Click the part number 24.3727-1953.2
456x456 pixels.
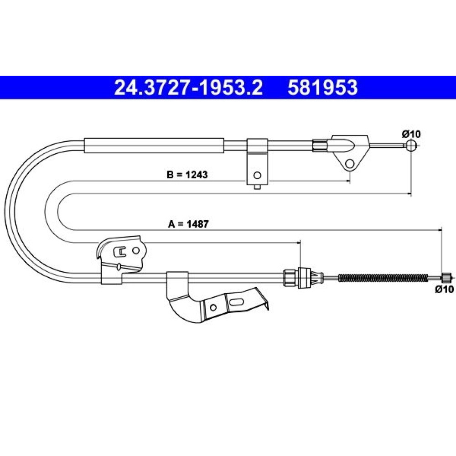click(x=188, y=88)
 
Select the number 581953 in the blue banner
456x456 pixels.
click(x=322, y=88)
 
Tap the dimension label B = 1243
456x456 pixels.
click(x=187, y=175)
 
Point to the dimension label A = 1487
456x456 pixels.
click(x=188, y=224)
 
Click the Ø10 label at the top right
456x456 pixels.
click(x=411, y=135)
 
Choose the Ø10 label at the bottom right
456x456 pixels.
click(x=444, y=289)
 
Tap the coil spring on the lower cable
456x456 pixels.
click(x=383, y=278)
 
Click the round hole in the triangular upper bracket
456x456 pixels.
click(x=350, y=164)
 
